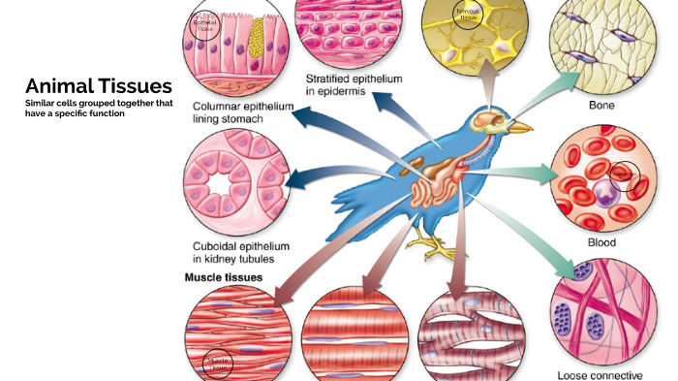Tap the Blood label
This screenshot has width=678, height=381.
click(x=601, y=242)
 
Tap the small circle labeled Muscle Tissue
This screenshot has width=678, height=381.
click(x=219, y=362)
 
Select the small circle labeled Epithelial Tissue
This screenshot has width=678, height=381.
click(x=205, y=23)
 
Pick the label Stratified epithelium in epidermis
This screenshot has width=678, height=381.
click(x=354, y=84)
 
